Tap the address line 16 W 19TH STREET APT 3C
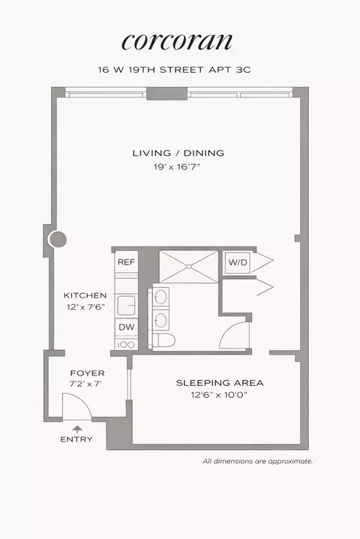click(x=178, y=69)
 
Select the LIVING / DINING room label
click(x=178, y=154)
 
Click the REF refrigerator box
click(x=124, y=263)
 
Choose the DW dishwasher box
click(x=124, y=327)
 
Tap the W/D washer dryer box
click(x=238, y=263)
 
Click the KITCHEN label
click(x=85, y=295)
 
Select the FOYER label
click(x=87, y=373)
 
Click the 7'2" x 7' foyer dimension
click(x=87, y=385)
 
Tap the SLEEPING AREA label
click(x=220, y=383)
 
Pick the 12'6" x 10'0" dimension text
click(x=220, y=396)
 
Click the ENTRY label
click(x=76, y=439)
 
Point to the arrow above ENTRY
click(x=76, y=428)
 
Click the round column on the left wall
click(x=57, y=240)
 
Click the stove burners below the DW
click(x=124, y=345)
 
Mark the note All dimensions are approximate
click(x=257, y=462)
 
